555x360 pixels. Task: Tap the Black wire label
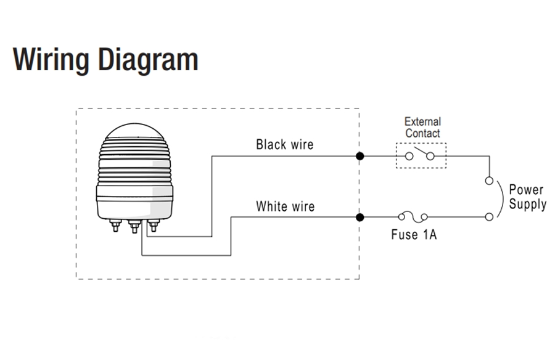pos(284,144)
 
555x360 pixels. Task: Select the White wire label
pos(285,206)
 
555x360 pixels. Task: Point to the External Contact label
pos(422,127)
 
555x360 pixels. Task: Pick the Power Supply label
pos(527,197)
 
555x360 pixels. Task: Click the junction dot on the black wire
pos(360,156)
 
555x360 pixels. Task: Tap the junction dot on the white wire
pos(360,217)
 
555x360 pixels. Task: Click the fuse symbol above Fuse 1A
pos(413,216)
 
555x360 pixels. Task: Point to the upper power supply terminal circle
pos(489,181)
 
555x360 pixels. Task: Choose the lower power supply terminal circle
pos(489,216)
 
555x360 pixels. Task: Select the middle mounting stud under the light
pos(133,227)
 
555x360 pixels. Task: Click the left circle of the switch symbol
pos(408,156)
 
